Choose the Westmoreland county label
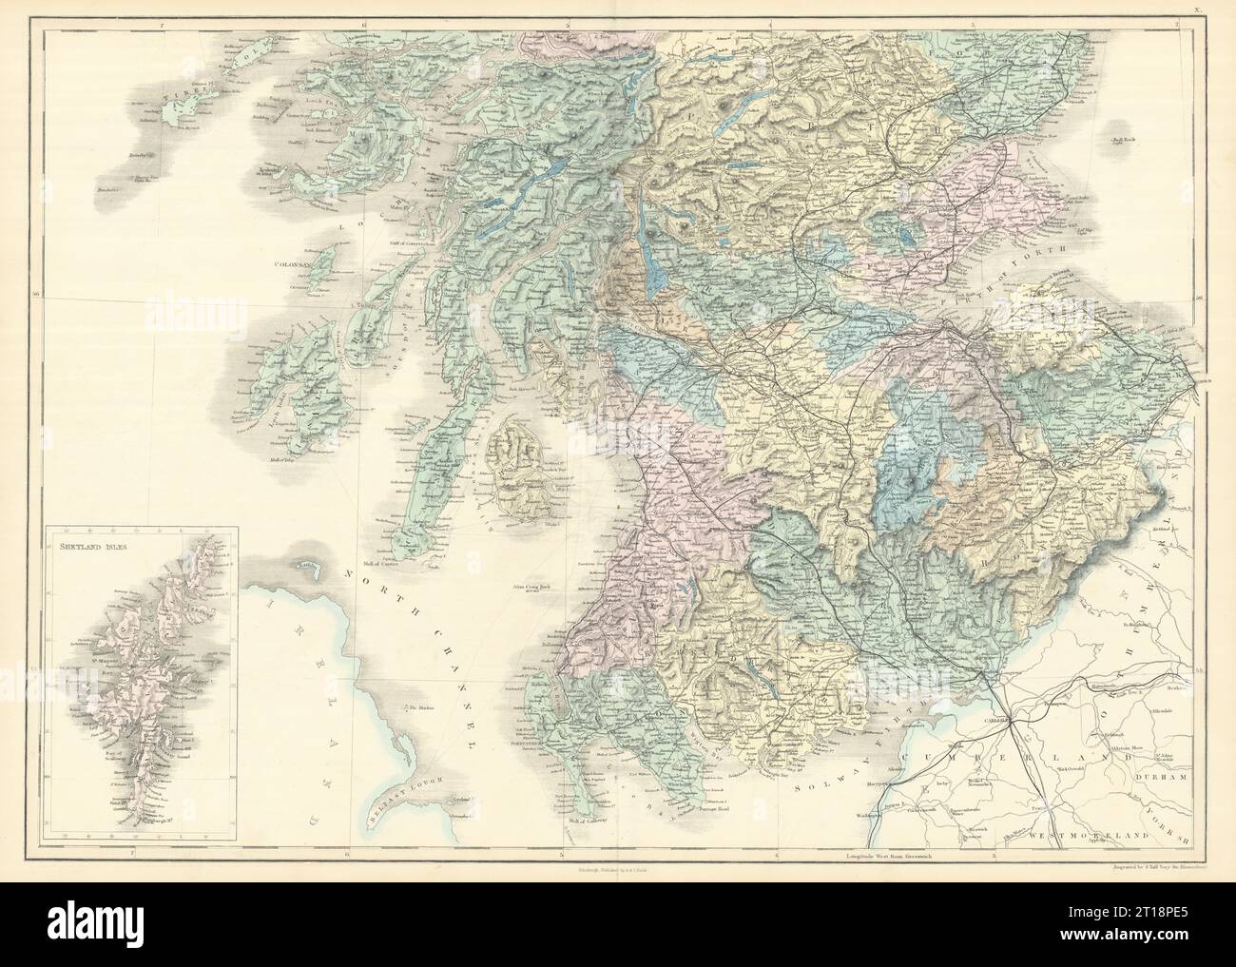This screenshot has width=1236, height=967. [1094, 834]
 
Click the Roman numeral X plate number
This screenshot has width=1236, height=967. [1200, 10]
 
